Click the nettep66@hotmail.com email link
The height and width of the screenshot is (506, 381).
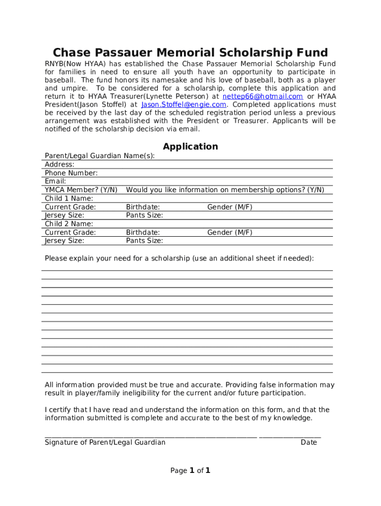pos(262,96)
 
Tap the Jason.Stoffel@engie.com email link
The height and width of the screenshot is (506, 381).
pos(184,105)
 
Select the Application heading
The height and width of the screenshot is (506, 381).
pos(190,146)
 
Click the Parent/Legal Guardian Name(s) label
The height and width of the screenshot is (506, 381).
pos(99,156)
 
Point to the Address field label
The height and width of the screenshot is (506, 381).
pos(59,165)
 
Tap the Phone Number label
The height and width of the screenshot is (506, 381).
pos(71,173)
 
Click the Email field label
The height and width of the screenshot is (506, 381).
pos(55,181)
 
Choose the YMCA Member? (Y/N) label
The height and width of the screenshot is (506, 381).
pos(81,190)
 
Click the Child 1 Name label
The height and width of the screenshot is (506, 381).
pos(69,199)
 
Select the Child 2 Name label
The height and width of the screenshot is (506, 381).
pos(69,224)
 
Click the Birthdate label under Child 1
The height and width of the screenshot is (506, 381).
pos(143,207)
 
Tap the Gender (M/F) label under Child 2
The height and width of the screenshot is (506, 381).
pos(230,232)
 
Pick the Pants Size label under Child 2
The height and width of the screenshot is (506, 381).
pos(144,241)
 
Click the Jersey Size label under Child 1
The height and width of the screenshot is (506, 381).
pos(64,215)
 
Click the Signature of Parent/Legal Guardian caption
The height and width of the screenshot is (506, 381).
pos(105,442)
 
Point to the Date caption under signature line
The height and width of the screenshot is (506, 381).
pos(309,442)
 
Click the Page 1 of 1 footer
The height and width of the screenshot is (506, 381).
pos(190,470)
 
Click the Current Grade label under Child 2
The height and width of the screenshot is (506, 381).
pos(70,232)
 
